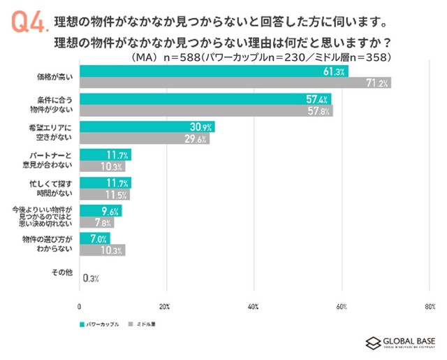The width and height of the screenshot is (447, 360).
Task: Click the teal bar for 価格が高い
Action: click(x=214, y=71)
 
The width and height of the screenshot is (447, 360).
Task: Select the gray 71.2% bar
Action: click(x=235, y=82)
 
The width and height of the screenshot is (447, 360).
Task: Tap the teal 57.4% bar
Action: click(x=205, y=99)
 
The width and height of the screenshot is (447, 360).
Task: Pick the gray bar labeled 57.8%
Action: click(x=206, y=110)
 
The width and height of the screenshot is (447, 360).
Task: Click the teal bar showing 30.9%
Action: click(x=147, y=127)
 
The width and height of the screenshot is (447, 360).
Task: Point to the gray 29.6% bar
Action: click(x=145, y=138)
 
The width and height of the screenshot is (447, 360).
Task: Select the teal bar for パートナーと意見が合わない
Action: click(x=105, y=154)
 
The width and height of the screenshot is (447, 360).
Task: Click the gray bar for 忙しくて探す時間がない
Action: click(x=105, y=194)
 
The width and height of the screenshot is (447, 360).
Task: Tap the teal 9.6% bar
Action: click(x=101, y=210)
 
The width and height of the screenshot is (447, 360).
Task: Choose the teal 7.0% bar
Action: click(x=95, y=238)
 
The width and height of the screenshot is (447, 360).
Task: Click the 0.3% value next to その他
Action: click(x=90, y=278)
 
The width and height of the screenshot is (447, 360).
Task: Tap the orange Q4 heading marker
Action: click(x=29, y=22)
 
